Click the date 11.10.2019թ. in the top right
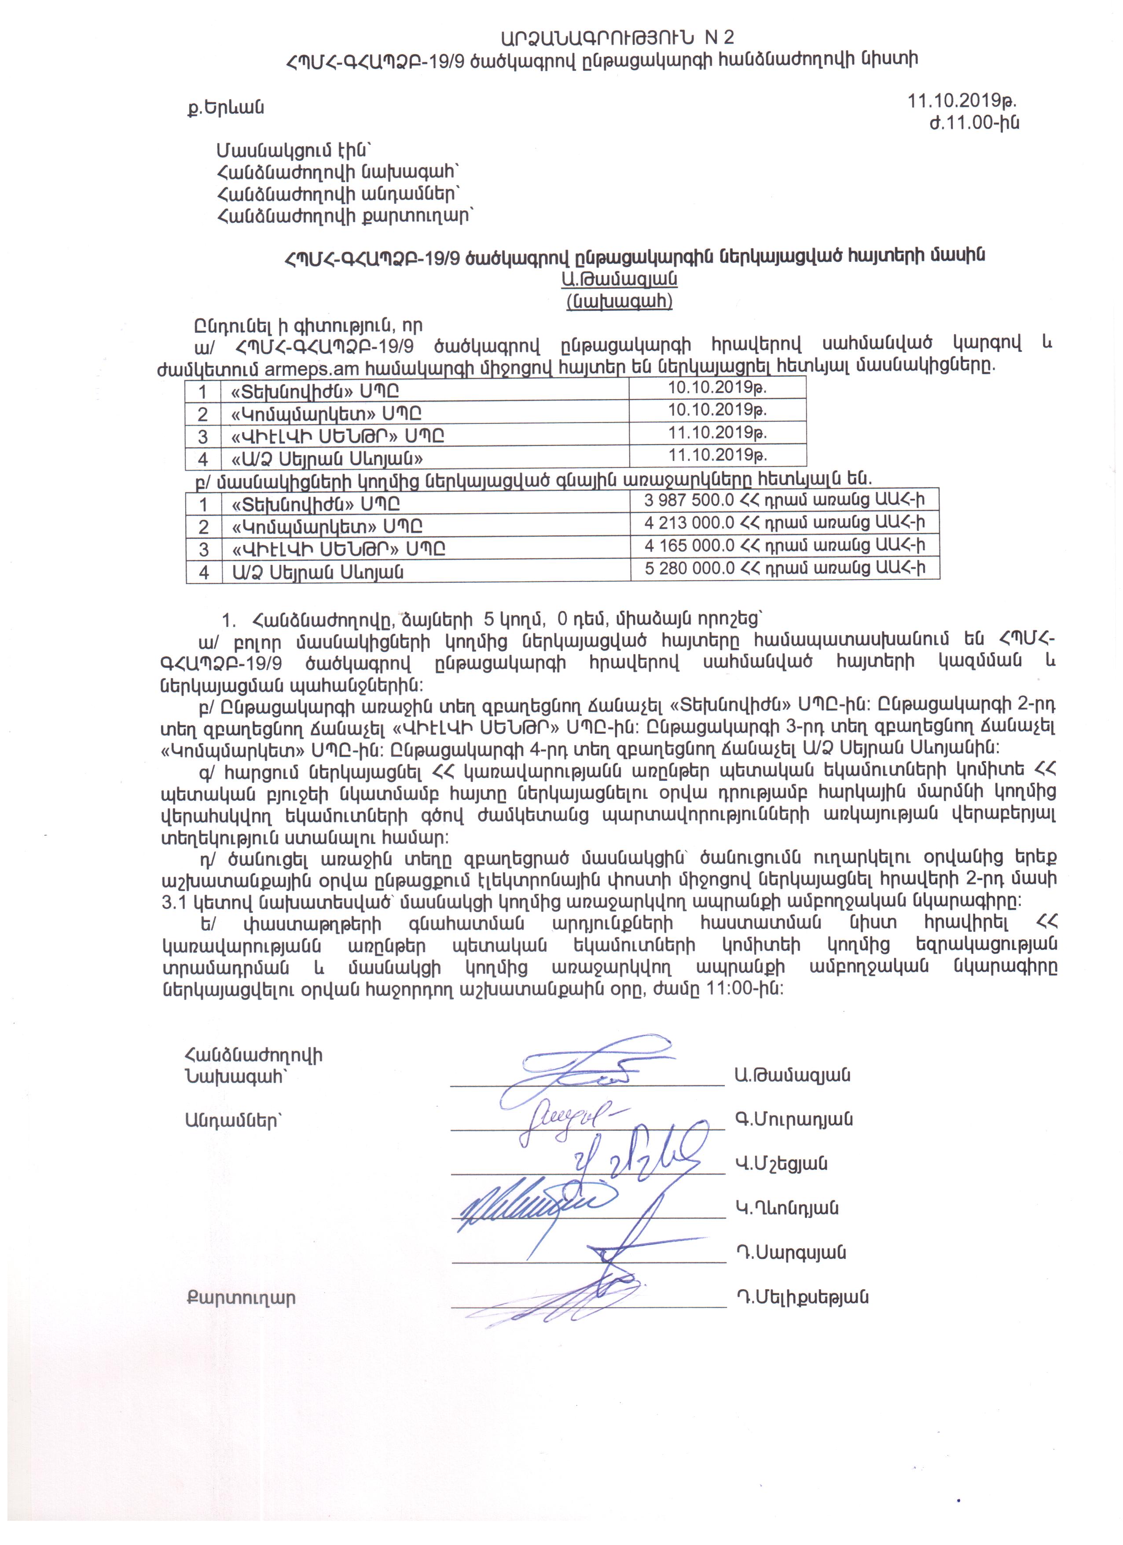[x=962, y=101]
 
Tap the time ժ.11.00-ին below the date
[x=974, y=123]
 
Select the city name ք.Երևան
[x=225, y=108]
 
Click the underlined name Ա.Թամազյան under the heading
[x=619, y=279]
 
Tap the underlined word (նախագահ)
[x=619, y=301]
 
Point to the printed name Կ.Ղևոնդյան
[x=786, y=1208]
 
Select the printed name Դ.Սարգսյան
[x=790, y=1252]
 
